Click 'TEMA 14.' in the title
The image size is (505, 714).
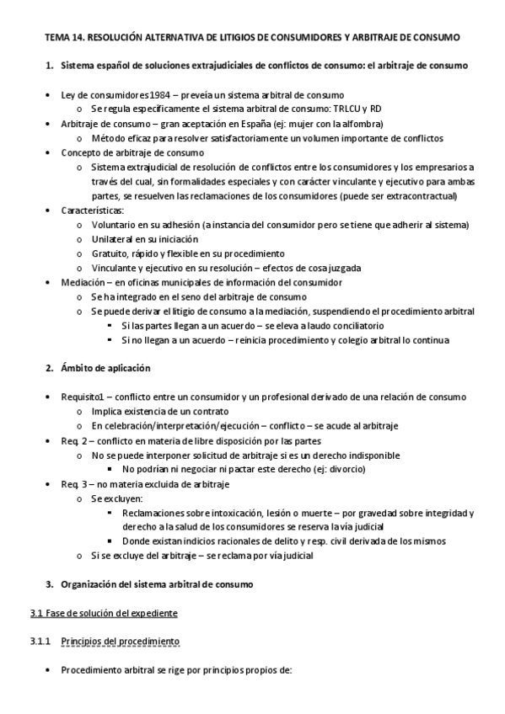point(62,39)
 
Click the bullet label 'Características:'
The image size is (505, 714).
point(93,210)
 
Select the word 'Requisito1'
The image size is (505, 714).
point(87,397)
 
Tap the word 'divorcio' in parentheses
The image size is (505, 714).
point(345,468)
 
